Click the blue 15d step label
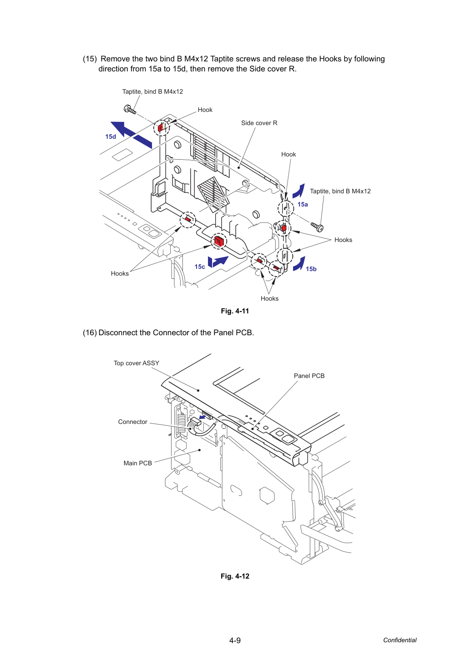tap(111, 136)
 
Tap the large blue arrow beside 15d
tap(131, 135)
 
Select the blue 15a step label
tap(303, 204)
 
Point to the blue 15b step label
tap(311, 269)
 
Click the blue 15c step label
tap(200, 267)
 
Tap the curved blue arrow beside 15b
tap(299, 264)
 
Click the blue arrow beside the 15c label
tap(218, 261)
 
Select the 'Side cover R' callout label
tap(259, 123)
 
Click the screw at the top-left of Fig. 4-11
tap(130, 110)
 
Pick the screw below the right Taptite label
tap(317, 227)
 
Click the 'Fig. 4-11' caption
tap(235, 311)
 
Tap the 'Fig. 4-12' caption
tap(235, 576)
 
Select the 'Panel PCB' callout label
tap(309, 376)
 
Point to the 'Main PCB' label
tap(138, 463)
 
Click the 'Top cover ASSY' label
tap(136, 363)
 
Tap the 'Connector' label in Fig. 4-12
tap(133, 422)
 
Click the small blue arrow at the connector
tap(202, 418)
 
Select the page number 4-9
tap(235, 640)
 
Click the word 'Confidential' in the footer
tap(399, 640)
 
